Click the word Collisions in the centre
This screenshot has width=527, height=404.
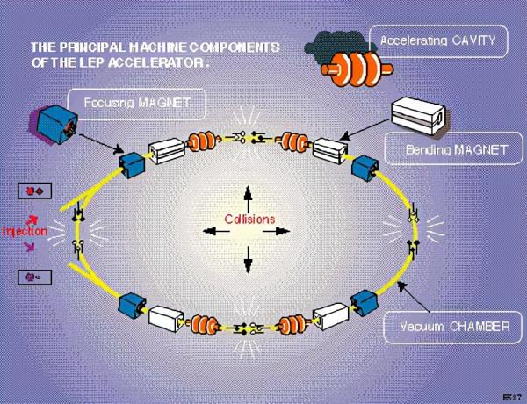[249, 219]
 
